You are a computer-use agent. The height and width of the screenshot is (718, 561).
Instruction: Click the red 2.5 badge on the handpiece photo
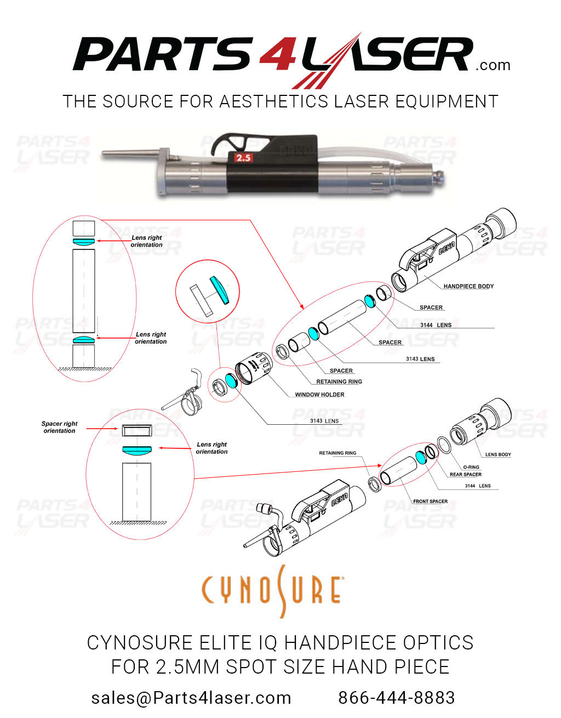click(x=243, y=158)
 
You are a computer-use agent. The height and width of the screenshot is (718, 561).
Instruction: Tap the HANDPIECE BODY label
click(x=468, y=286)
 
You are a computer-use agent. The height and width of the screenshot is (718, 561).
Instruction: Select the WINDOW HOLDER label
click(x=319, y=395)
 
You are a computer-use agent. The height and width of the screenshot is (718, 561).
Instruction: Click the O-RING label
click(x=471, y=467)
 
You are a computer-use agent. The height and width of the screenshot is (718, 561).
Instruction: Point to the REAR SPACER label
click(x=466, y=475)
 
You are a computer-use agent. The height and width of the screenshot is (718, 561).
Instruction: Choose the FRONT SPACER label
click(x=430, y=502)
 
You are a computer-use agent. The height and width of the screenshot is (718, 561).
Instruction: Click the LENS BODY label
click(x=498, y=454)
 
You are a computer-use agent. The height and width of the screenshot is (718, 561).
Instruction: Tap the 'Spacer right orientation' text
click(x=59, y=428)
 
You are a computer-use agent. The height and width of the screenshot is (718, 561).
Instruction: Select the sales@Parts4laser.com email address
click(x=191, y=698)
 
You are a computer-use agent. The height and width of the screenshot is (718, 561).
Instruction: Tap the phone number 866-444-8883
click(x=396, y=698)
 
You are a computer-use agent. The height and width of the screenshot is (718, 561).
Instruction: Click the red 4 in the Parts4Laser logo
click(x=277, y=55)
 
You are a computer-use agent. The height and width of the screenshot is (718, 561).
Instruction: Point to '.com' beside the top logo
click(x=493, y=66)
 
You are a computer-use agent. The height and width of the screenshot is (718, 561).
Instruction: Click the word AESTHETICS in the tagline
click(x=274, y=102)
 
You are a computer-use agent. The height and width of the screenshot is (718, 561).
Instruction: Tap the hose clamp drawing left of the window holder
click(x=189, y=400)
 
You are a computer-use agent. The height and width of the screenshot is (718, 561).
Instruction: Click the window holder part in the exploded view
click(x=253, y=369)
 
